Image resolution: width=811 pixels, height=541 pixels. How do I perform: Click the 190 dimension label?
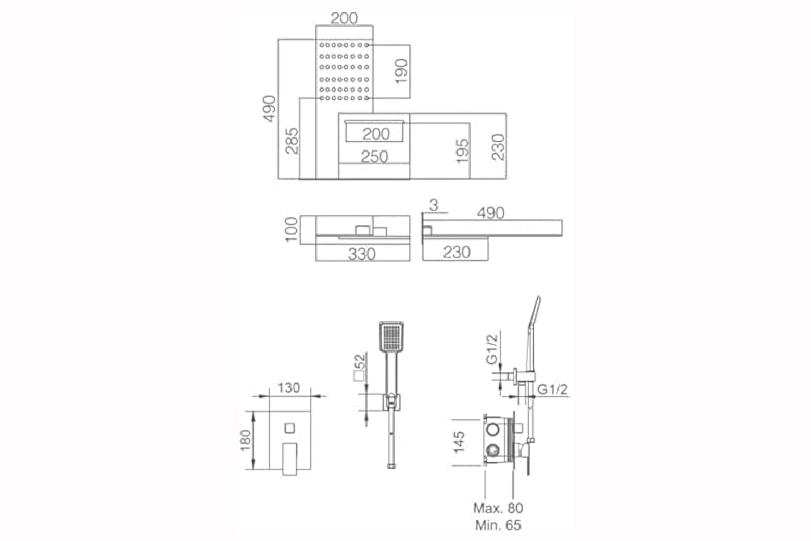[x=401, y=71]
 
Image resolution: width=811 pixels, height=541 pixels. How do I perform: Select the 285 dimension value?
[x=292, y=141]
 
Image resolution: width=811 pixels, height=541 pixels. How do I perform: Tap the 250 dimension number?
[x=374, y=157]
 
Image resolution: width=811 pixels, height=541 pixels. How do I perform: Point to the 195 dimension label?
[x=462, y=150]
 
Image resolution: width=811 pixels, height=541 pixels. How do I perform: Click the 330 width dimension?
[x=362, y=254]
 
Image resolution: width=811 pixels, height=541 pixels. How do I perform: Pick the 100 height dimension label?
[x=292, y=230]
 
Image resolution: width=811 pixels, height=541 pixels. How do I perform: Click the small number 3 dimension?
[x=434, y=205]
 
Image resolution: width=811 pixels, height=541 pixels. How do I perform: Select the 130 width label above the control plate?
[x=289, y=388]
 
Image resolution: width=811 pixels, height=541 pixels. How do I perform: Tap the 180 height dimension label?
[x=246, y=441]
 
